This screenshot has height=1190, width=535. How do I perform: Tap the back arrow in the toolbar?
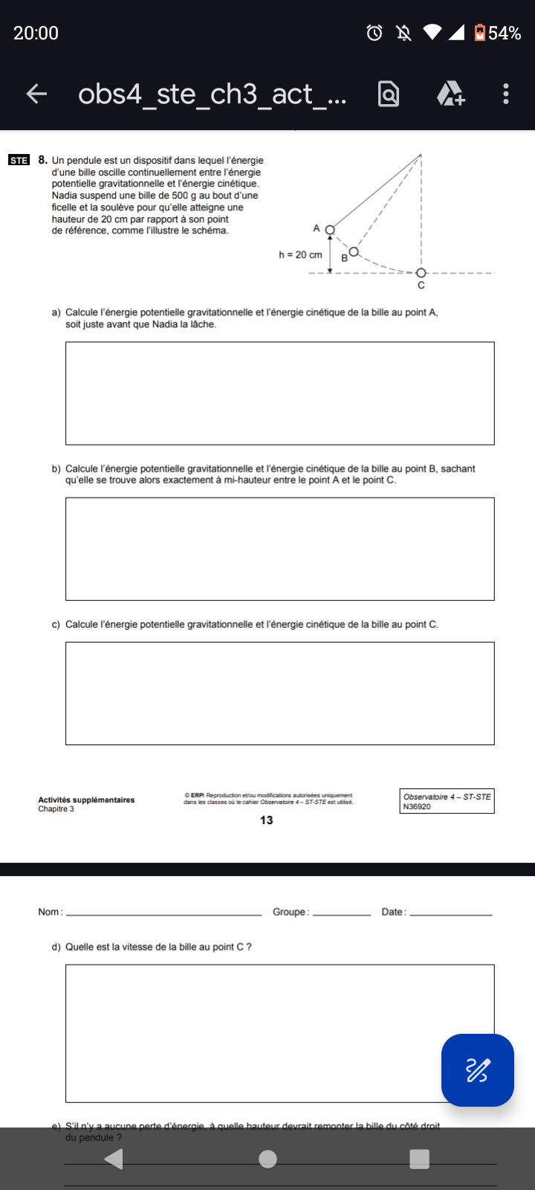click(36, 94)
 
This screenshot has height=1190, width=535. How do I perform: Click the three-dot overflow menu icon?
click(506, 94)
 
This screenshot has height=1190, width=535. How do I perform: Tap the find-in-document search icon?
click(389, 94)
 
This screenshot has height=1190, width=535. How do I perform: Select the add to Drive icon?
click(450, 94)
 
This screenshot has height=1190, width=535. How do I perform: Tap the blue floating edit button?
click(477, 1070)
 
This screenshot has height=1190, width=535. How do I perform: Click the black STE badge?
click(19, 160)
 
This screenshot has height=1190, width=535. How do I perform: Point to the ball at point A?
click(330, 230)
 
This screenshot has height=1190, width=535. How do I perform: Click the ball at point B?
click(354, 251)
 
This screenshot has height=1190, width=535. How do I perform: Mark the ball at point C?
click(421, 273)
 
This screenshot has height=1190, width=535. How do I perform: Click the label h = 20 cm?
click(300, 255)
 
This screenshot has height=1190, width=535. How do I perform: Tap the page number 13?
click(266, 820)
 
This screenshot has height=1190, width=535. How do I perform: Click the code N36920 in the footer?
click(417, 807)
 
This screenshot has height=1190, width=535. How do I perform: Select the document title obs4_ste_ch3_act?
click(212, 94)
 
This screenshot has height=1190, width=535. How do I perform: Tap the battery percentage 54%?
click(505, 33)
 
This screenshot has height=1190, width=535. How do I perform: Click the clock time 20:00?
click(36, 33)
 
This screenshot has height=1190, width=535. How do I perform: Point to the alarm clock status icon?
click(374, 33)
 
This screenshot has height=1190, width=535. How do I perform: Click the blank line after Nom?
click(163, 913)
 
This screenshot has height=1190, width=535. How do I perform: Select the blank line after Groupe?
click(342, 913)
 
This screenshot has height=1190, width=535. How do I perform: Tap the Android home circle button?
click(268, 1159)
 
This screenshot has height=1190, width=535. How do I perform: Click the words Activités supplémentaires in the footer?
click(86, 800)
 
